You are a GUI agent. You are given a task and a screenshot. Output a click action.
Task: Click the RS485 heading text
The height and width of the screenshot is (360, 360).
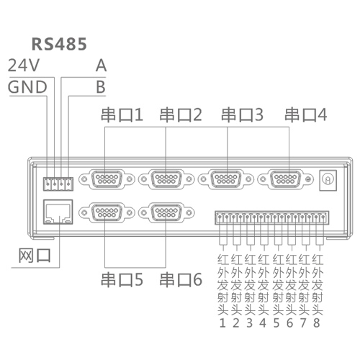[x=59, y=44]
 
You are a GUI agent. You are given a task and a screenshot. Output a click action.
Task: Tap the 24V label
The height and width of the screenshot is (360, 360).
[x=24, y=66]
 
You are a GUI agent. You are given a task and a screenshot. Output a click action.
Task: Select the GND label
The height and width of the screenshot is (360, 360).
[x=27, y=87]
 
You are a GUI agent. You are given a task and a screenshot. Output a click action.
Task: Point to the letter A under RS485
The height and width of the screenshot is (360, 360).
[x=101, y=66]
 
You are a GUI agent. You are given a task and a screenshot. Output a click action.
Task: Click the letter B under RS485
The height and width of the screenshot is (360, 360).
[x=101, y=87]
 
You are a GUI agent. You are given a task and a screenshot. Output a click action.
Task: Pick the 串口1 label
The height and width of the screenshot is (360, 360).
[x=122, y=114]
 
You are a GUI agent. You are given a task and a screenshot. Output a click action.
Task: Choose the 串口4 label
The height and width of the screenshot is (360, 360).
[x=306, y=114]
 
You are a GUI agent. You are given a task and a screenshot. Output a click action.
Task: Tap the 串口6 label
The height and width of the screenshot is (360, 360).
[x=181, y=279]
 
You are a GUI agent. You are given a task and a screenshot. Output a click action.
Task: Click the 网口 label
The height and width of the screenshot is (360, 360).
[x=35, y=256]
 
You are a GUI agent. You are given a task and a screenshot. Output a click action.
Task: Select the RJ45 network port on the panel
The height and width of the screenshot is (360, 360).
[x=58, y=212]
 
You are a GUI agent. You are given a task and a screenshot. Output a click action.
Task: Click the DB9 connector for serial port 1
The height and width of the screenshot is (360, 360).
[x=107, y=179]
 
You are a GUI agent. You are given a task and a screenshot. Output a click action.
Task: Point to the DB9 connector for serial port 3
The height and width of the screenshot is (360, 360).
[x=226, y=179]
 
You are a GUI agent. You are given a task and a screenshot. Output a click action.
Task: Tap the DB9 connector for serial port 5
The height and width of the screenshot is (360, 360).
[x=107, y=212]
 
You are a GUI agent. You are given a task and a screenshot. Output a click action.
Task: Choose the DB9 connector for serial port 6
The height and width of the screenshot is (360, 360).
[x=166, y=212]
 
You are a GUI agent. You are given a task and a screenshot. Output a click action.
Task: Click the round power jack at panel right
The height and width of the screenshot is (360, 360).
[x=328, y=179]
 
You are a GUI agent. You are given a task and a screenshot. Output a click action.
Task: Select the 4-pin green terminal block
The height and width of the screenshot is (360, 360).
[x=58, y=184]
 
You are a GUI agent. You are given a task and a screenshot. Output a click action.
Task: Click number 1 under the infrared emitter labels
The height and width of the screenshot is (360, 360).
[x=222, y=323]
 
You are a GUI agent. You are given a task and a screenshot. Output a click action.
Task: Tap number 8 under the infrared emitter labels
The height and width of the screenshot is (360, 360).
[x=317, y=323]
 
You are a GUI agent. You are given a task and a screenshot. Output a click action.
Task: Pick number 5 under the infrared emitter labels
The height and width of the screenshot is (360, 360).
[x=276, y=323]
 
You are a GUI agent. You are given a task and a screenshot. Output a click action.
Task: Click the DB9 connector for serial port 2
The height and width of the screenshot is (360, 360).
[x=166, y=179]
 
